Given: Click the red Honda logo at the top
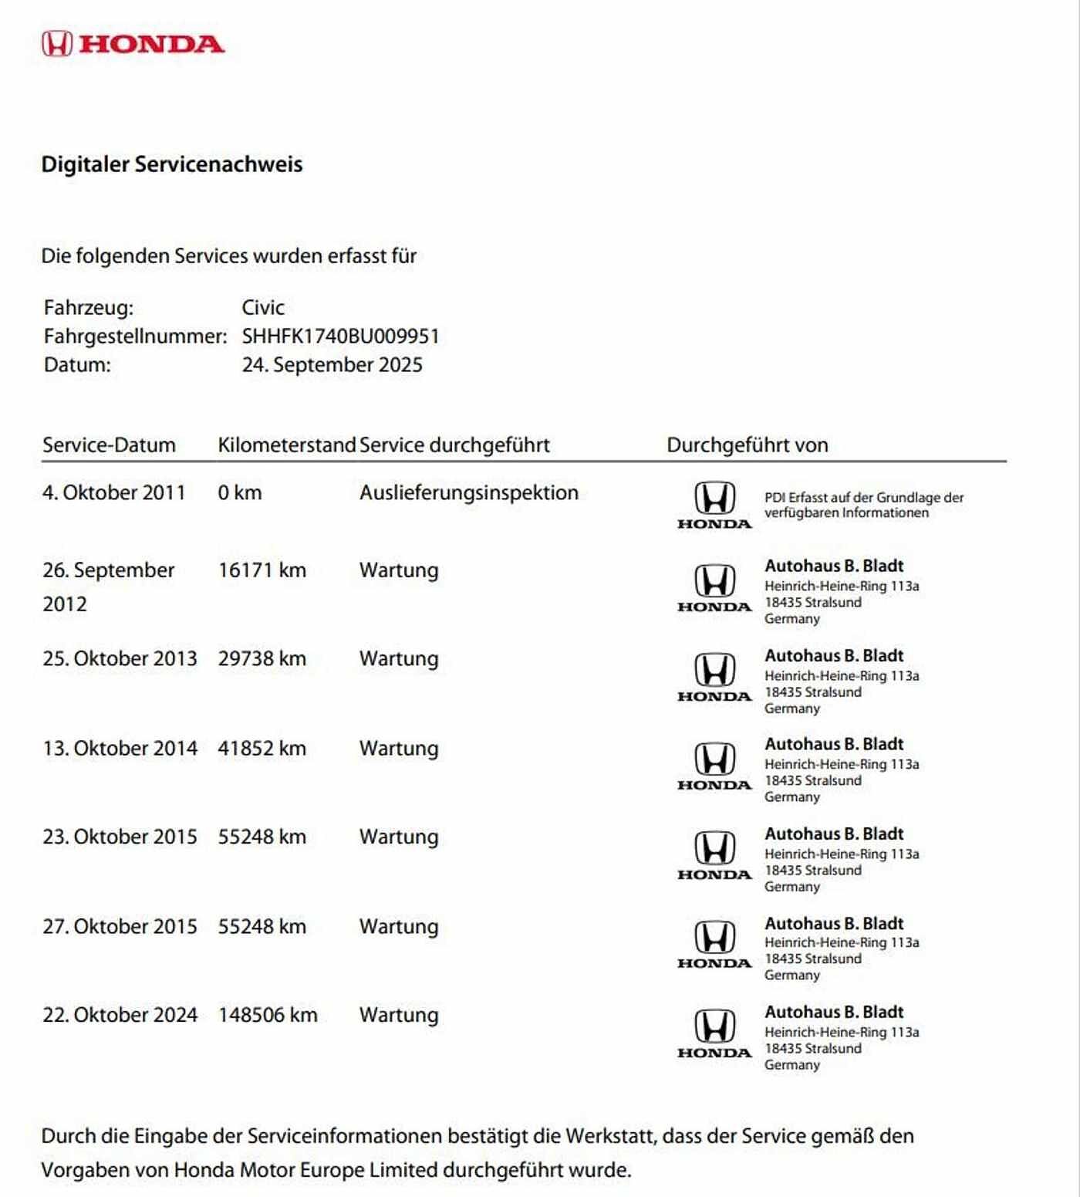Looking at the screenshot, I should click(x=133, y=44).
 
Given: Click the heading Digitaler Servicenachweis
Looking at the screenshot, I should click(x=171, y=164).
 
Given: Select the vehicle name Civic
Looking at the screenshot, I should click(x=263, y=307).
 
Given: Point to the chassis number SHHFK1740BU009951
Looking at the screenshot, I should click(x=340, y=336).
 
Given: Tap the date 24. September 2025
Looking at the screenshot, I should click(x=332, y=365).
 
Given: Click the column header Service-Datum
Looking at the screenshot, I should click(x=109, y=445).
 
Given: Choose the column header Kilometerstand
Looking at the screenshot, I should click(x=286, y=445).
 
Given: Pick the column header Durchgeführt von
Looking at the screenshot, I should click(x=747, y=445).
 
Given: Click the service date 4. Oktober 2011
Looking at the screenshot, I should click(x=113, y=492).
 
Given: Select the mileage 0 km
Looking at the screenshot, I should click(x=239, y=492).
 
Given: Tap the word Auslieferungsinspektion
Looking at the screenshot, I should click(x=468, y=492).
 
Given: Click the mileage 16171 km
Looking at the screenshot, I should click(x=262, y=570).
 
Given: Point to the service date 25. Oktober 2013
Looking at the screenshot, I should click(x=120, y=659).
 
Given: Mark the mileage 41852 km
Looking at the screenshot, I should click(x=262, y=749).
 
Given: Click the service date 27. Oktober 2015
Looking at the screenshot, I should click(x=120, y=926).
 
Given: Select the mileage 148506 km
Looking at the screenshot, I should click(x=268, y=1015).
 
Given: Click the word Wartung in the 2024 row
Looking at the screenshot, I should click(x=398, y=1015).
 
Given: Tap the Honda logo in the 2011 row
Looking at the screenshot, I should click(x=714, y=505).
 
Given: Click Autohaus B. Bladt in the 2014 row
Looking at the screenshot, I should click(x=833, y=744).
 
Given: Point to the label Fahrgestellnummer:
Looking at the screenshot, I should click(x=135, y=336).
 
